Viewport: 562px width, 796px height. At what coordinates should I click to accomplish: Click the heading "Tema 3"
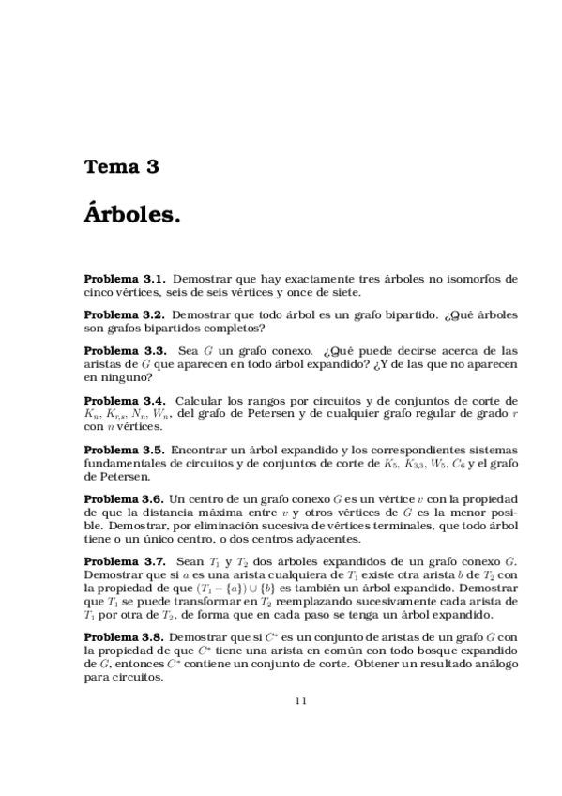pos(121,168)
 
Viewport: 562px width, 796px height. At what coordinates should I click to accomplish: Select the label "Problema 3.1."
pos(125,279)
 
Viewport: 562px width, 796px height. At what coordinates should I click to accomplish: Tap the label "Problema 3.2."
pos(125,315)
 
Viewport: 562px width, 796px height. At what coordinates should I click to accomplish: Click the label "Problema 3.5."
pos(125,450)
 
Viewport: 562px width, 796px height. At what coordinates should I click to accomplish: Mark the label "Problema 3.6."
pos(125,498)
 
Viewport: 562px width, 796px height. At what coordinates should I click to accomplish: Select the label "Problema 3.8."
pos(125,635)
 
